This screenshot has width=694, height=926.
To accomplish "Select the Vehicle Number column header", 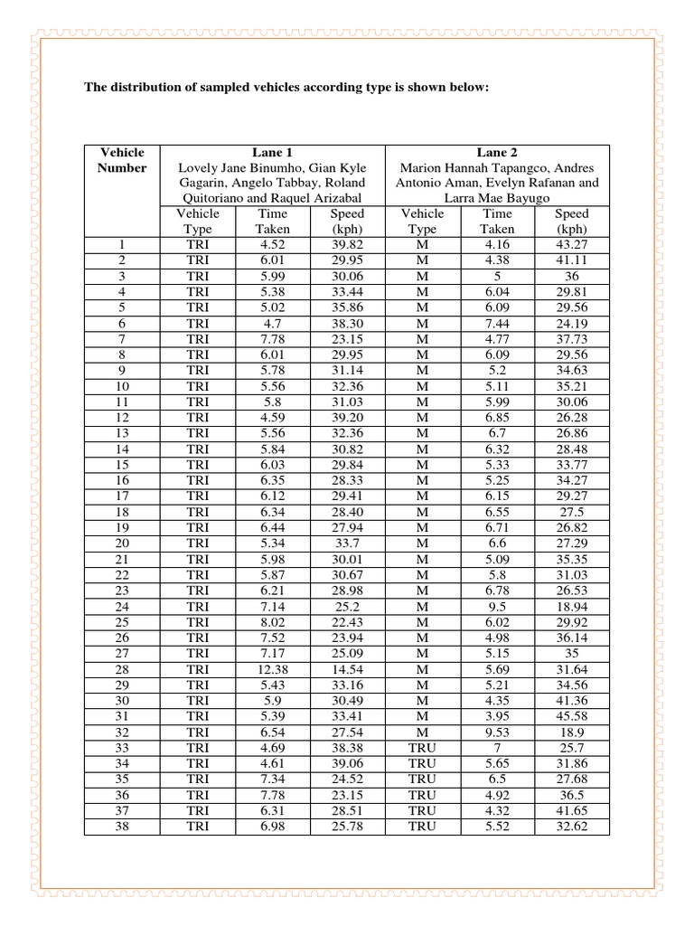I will pos(122,160).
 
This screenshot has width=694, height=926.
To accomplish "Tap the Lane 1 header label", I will pos(272,153).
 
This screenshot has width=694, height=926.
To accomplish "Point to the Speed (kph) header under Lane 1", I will pos(347,222).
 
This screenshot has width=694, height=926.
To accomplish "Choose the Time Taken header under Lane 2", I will pos(497,222).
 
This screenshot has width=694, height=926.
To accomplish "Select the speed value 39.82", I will pos(347,244).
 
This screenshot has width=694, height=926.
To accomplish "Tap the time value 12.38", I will pos(272,668).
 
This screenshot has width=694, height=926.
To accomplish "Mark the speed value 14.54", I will pos(347,668).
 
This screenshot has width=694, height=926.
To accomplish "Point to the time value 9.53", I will pos(497,731).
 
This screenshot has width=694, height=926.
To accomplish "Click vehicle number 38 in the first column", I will pos(122,826).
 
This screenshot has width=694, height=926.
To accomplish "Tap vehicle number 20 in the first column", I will pos(122,543).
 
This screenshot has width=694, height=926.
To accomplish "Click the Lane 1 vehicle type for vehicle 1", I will pos(197,244).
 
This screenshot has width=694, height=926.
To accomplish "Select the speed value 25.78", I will pos(347,826).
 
